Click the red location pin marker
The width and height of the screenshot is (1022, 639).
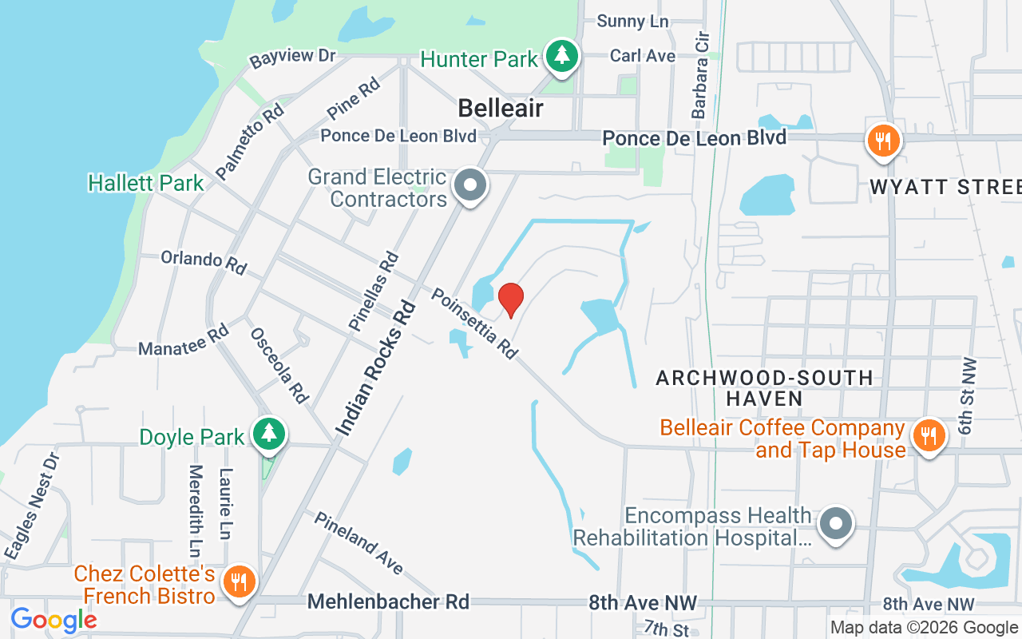coord(510,300)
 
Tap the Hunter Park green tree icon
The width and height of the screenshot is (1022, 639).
coord(564,55)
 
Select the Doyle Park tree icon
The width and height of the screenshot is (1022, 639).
coord(269,434)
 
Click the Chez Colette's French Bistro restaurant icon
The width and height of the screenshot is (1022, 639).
coord(239,581)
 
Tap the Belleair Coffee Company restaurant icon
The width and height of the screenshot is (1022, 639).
coord(928,436)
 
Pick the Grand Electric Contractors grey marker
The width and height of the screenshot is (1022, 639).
coord(470,186)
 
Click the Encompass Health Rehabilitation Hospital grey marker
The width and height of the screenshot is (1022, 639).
coord(836,525)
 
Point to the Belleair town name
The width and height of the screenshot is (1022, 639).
coord(501,109)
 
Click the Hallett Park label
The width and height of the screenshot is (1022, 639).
coord(146,183)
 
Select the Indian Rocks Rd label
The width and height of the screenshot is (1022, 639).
coord(376,369)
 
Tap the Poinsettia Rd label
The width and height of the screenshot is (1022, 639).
coord(475,323)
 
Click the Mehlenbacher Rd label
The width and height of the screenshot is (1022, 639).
coord(388,601)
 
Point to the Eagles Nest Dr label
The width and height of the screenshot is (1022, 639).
coord(31,506)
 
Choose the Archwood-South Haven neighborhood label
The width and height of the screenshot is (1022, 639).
coord(764,387)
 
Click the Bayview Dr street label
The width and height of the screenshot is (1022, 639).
coord(292,58)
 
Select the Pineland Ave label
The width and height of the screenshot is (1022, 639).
coord(358,542)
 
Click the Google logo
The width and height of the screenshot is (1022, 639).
coord(53,620)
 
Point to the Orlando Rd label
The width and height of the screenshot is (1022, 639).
coord(204,262)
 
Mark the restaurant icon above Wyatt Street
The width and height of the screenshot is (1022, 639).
coord(882,141)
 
